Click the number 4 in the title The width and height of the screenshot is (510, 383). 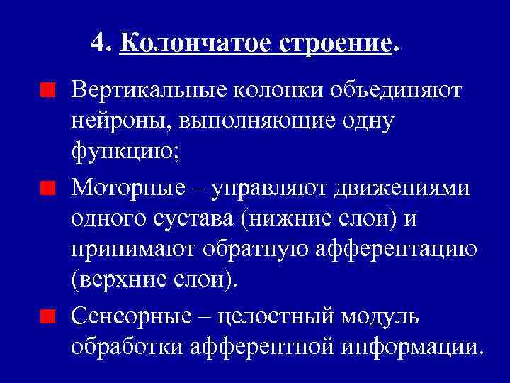(98, 44)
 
